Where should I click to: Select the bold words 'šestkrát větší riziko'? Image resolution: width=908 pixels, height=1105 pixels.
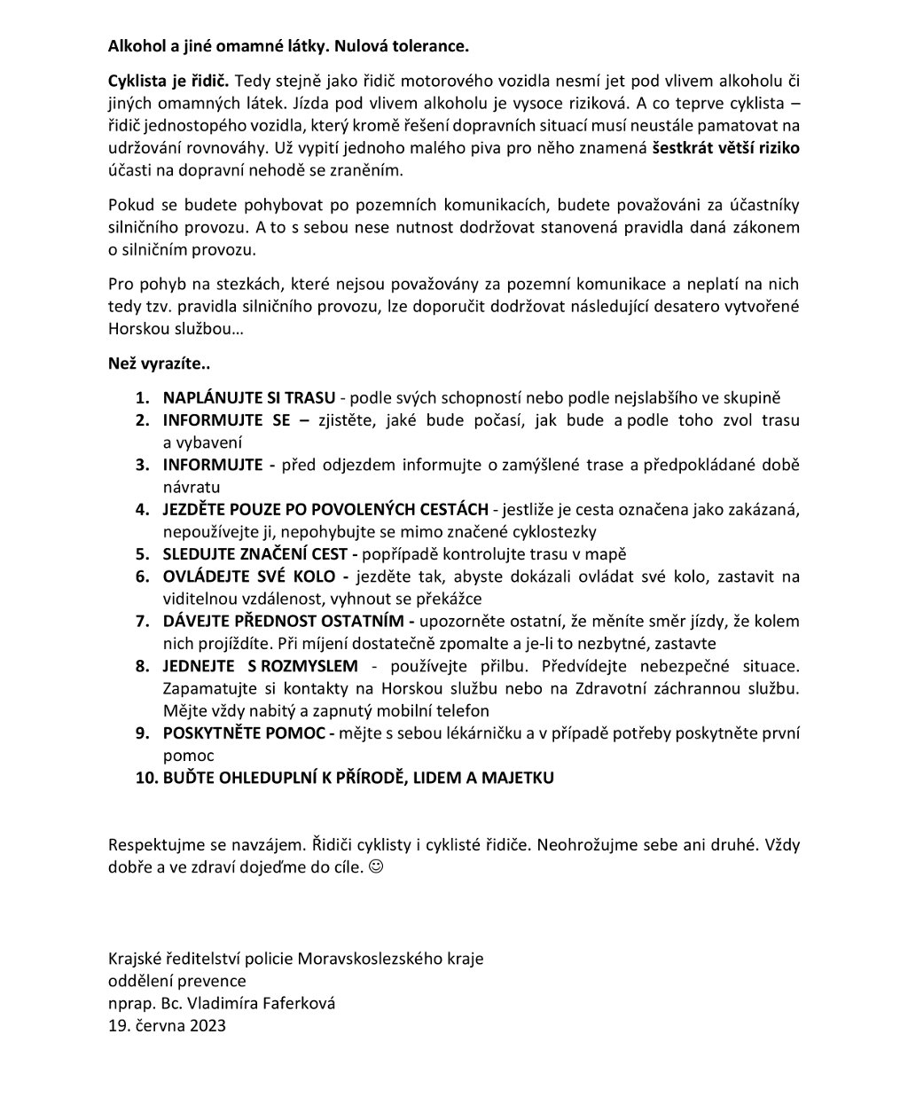coord(726,148)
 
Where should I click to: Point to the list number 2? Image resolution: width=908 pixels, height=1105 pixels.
coord(142,420)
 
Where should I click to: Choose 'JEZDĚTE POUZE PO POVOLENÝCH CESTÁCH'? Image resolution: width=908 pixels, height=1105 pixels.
coord(325,510)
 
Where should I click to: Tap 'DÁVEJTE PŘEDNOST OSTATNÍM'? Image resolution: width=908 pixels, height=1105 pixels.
coord(282,622)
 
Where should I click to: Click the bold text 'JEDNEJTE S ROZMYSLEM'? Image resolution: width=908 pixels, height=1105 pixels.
coord(261,666)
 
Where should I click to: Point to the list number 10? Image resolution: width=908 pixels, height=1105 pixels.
coord(145,778)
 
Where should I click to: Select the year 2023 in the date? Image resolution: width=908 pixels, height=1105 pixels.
coord(207,1026)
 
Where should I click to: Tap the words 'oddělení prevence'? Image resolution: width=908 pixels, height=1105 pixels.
coord(176,982)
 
